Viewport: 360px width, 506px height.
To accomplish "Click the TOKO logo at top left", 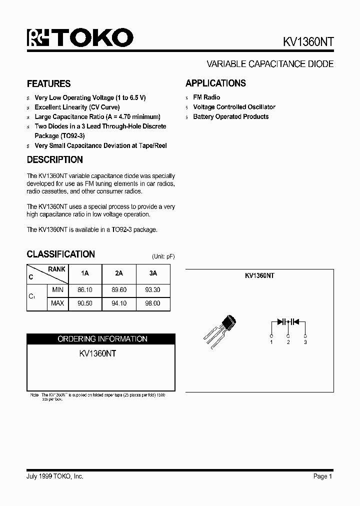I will (x=80, y=38).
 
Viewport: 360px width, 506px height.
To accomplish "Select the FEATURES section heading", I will (x=48, y=83).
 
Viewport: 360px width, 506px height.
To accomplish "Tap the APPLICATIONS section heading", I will (x=215, y=83).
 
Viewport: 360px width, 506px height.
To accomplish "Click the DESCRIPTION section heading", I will (x=54, y=160).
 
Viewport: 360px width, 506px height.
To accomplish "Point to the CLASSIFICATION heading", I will (x=60, y=254).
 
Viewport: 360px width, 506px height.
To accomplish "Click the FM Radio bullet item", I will (x=206, y=97).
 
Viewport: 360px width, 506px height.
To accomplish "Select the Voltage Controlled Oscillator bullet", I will (x=234, y=107).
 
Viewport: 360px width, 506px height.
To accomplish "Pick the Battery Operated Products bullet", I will (x=230, y=116).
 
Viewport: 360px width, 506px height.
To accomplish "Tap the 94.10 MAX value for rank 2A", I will (x=119, y=303).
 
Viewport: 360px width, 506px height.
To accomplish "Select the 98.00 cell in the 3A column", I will (x=153, y=303).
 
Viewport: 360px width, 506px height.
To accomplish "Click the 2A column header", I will (x=119, y=273).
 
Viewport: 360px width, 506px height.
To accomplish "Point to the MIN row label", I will (x=57, y=289).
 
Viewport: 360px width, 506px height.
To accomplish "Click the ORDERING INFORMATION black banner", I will (x=102, y=339).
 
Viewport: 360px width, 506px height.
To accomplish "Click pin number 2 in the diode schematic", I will (x=288, y=342).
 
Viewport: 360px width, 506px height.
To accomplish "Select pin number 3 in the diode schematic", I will (x=305, y=342).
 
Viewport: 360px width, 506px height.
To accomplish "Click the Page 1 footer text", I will (x=322, y=476).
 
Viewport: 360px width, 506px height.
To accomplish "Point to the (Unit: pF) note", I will (x=163, y=256).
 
